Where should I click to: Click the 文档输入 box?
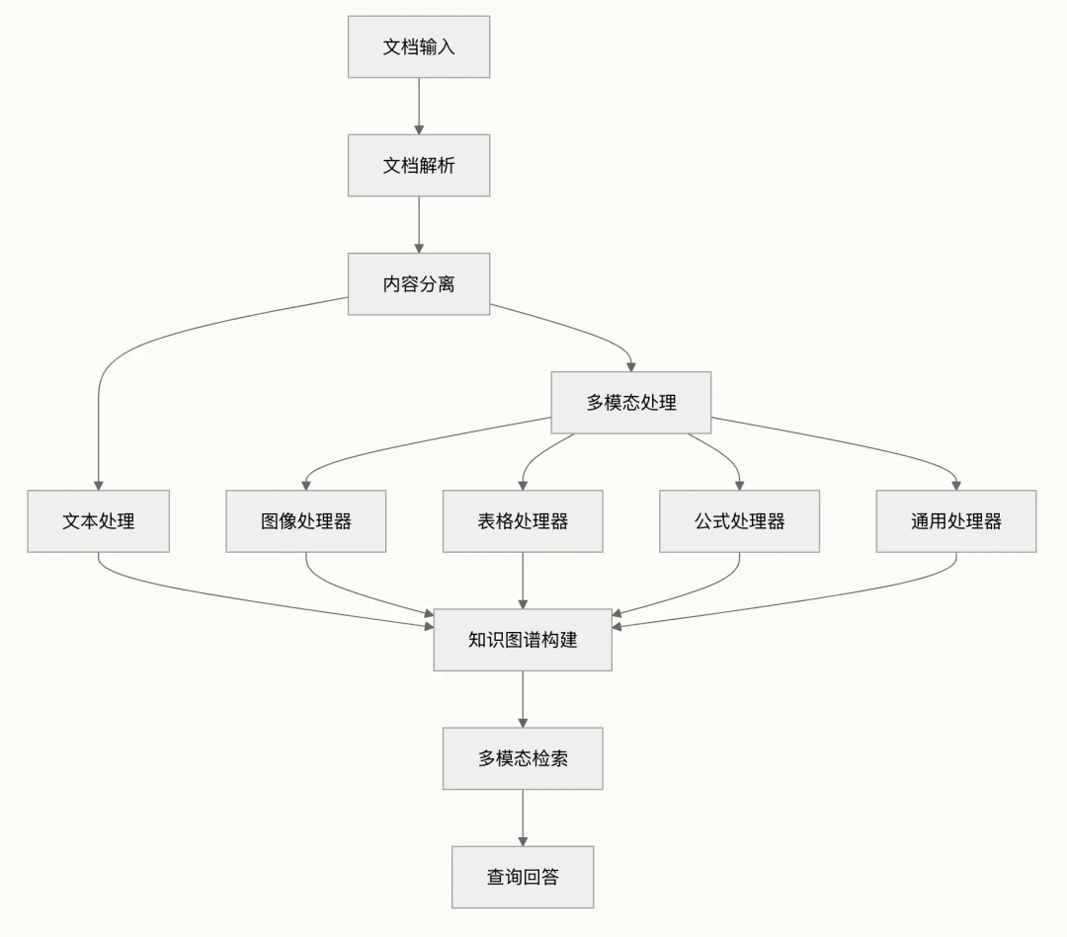tap(419, 46)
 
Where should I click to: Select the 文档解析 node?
tap(419, 165)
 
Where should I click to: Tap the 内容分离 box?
tap(419, 284)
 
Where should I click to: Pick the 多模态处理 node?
tap(631, 403)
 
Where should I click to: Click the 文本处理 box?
tap(99, 521)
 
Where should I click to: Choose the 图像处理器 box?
tap(306, 521)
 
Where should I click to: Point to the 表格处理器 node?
tap(523, 521)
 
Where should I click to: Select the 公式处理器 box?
tap(739, 521)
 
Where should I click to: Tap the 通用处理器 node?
tap(955, 521)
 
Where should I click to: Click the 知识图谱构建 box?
tap(523, 640)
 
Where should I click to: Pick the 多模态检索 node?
tap(523, 758)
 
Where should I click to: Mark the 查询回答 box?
tap(523, 877)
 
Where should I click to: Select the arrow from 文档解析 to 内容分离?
tap(419, 224)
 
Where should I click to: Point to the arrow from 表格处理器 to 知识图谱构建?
tap(523, 581)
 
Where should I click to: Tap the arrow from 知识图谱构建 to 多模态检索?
tap(523, 699)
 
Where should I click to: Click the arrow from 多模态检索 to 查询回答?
tap(523, 818)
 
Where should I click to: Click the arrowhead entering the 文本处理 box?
tap(99, 485)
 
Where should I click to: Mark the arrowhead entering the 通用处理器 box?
tap(955, 485)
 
